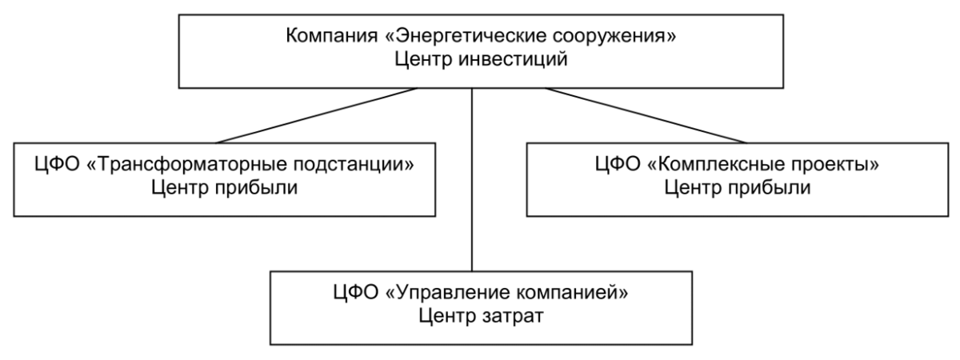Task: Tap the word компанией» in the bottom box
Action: [570, 290]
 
